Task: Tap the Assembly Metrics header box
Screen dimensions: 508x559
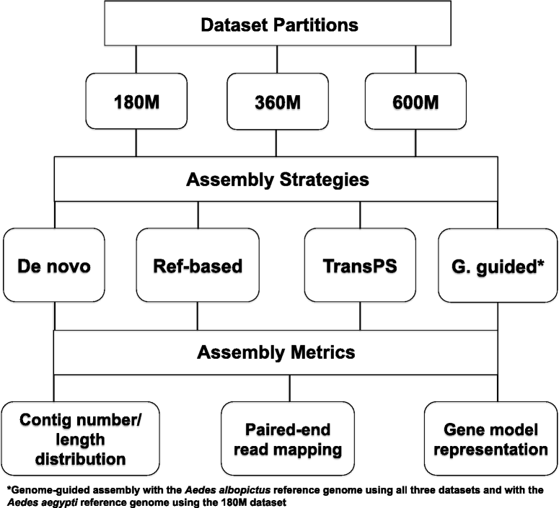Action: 278,352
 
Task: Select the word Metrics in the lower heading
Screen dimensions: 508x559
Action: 323,352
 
